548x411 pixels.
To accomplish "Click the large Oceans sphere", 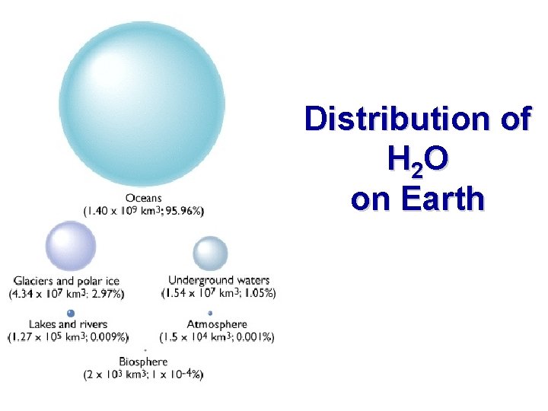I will pos(142,102).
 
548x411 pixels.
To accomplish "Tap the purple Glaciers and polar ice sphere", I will pos(71,247).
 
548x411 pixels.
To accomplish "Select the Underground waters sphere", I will pos(210,253).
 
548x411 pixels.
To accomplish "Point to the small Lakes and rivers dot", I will pos(71,313).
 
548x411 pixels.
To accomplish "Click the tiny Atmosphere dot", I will pos(211,313).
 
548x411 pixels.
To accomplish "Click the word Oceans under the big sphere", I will pos(143,198).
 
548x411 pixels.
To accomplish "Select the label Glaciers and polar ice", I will pos(67,281).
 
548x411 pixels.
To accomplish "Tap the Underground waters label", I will pos(219,281).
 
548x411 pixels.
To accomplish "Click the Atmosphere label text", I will pos(218,324).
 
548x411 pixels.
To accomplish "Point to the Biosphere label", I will pos(143,362).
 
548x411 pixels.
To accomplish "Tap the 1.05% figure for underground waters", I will pos(257,293).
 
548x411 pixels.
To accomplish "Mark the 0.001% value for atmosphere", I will pos(255,336).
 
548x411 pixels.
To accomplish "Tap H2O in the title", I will pos(417,159).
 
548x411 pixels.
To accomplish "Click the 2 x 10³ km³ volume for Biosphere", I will pos(116,374).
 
